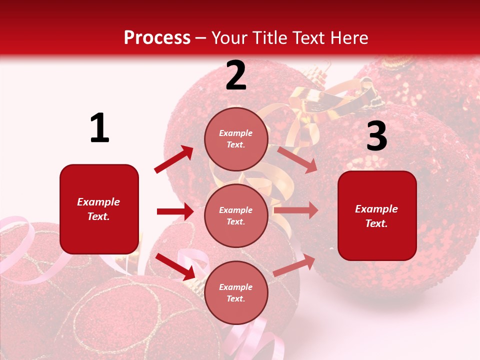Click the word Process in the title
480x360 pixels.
(157, 38)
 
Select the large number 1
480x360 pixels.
(99, 128)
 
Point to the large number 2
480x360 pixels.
(236, 75)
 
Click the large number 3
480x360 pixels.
(376, 136)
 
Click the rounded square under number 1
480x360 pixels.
(99, 209)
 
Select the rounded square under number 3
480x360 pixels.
(377, 215)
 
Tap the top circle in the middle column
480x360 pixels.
(236, 139)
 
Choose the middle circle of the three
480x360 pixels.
(236, 215)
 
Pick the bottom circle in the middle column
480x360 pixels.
(236, 292)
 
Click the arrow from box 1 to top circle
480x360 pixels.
(174, 159)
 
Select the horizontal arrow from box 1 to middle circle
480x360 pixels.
(175, 211)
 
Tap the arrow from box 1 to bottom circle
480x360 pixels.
(175, 266)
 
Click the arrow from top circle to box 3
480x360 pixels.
(297, 159)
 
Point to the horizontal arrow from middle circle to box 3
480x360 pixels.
(296, 210)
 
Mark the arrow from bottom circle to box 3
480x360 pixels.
(294, 265)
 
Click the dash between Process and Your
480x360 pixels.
(201, 38)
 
